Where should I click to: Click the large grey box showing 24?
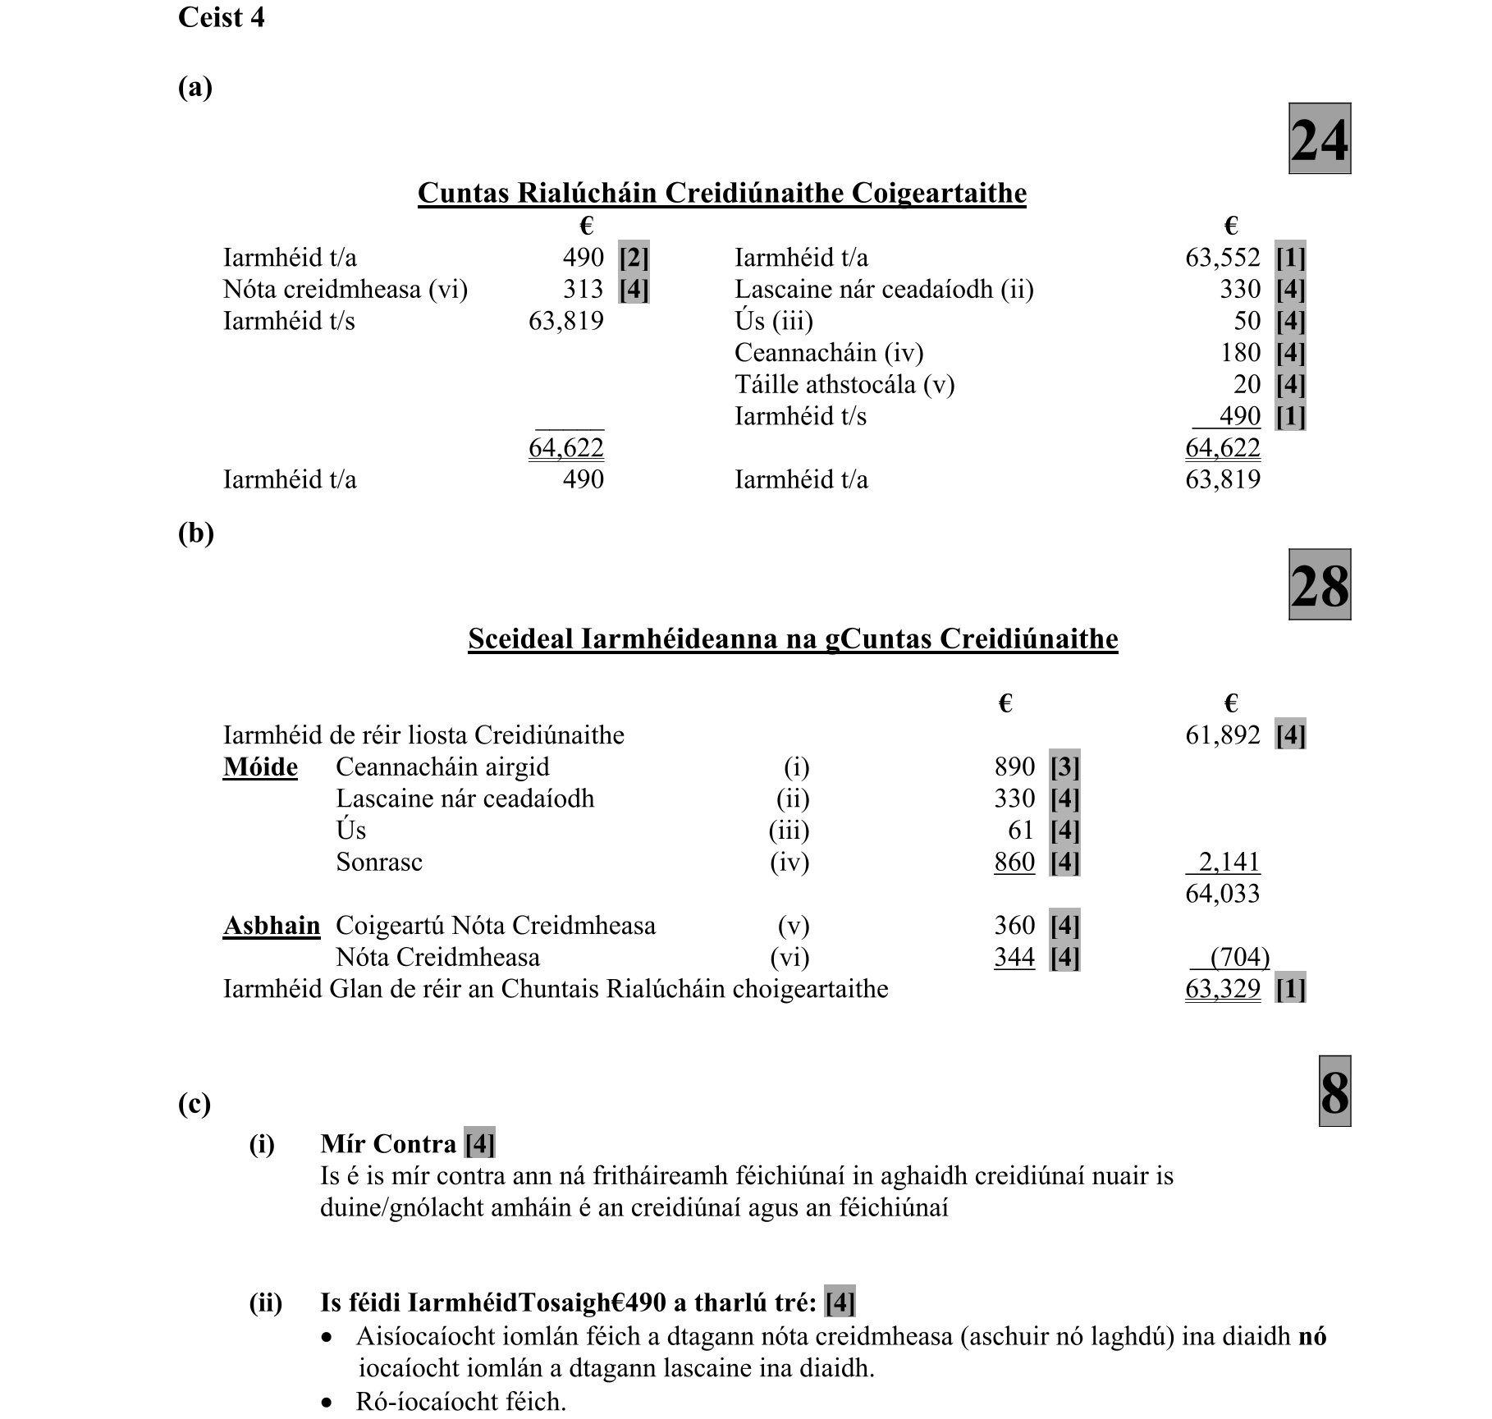(1319, 139)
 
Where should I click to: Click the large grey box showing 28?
(1319, 584)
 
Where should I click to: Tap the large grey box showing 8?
(1334, 1092)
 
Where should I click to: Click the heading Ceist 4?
(221, 17)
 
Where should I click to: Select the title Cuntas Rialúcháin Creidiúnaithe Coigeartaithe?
(721, 193)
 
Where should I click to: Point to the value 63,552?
(1222, 258)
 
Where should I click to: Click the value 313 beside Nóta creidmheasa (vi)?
(583, 289)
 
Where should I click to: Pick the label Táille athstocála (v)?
(844, 384)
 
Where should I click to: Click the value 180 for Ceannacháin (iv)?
(1240, 353)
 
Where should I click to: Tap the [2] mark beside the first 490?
(634, 258)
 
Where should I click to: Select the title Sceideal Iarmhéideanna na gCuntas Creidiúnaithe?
(793, 639)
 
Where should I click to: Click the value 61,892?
(1222, 735)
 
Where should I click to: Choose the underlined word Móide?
(260, 767)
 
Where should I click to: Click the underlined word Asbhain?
(271, 926)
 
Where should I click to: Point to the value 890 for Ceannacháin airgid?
(1014, 767)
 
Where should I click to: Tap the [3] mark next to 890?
(1064, 767)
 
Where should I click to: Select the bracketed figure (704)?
(1239, 957)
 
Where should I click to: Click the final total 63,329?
(1222, 989)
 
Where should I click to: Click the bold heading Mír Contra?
(388, 1144)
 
